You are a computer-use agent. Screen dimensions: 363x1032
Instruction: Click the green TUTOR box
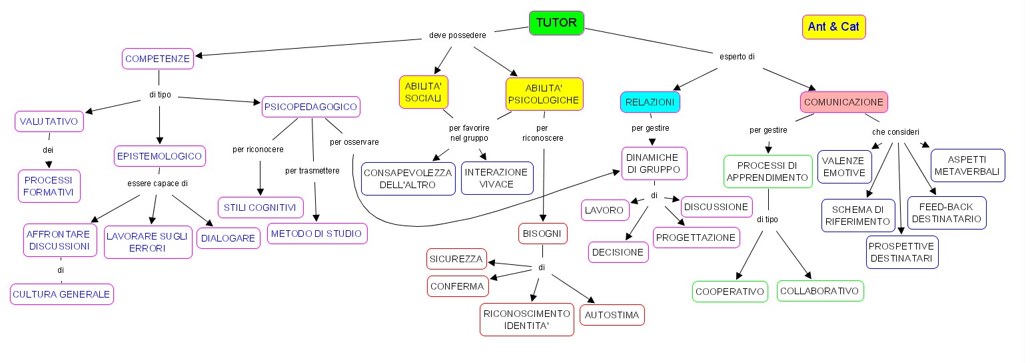(556, 23)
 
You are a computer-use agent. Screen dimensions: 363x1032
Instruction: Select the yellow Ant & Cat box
(833, 27)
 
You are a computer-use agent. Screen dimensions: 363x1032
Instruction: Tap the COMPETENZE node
(158, 59)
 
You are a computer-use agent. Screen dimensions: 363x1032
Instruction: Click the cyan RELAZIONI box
(650, 102)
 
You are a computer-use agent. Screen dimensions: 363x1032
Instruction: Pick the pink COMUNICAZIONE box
(843, 102)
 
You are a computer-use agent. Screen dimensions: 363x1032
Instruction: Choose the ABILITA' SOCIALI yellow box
(424, 92)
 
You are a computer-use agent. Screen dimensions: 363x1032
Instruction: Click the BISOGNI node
(543, 234)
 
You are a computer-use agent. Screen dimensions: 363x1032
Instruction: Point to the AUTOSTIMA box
(612, 315)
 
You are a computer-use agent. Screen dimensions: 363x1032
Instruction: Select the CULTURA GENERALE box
(62, 294)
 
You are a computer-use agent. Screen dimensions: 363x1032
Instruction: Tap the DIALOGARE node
(229, 238)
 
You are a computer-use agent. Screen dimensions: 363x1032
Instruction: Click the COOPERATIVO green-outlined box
(730, 292)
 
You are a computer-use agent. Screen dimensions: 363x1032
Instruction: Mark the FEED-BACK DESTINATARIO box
(946, 213)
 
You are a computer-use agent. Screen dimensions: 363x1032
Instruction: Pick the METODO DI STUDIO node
(317, 234)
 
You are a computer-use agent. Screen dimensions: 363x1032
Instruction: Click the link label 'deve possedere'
(456, 35)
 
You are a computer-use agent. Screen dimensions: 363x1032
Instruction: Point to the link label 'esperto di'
(736, 57)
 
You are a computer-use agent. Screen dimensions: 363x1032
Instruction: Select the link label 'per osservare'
(354, 141)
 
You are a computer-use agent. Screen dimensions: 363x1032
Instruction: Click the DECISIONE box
(618, 252)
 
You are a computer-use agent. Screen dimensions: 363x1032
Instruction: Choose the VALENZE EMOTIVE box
(843, 167)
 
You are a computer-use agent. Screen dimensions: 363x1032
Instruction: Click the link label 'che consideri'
(895, 131)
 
